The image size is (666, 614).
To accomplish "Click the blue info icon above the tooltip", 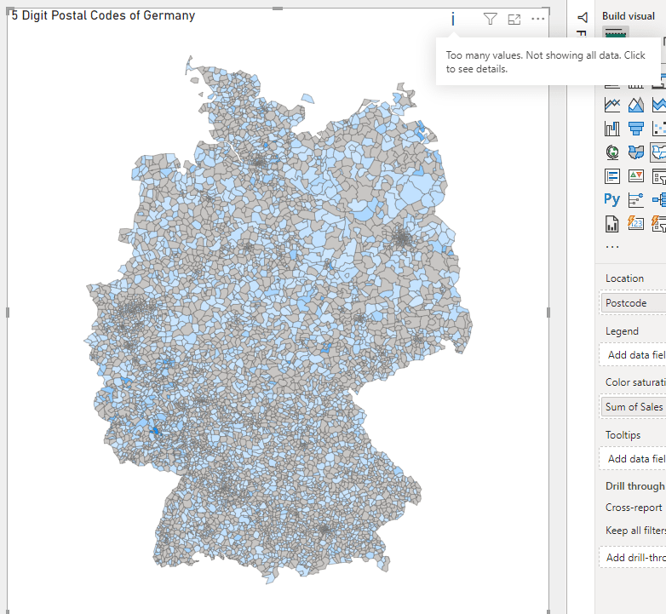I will [453, 19].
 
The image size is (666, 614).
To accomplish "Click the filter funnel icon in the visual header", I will [490, 19].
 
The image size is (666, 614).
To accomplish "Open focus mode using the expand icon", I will [514, 19].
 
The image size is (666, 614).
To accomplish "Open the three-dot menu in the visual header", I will [537, 19].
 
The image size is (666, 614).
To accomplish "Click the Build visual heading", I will [629, 16].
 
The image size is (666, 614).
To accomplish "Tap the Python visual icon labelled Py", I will [611, 199].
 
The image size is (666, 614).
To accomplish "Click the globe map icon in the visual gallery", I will [611, 152].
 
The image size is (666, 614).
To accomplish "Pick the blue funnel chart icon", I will [635, 129].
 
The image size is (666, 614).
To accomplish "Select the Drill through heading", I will [634, 486].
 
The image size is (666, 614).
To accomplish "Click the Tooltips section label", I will [623, 435].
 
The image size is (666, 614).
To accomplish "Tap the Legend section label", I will [622, 331].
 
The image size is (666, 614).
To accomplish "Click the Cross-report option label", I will [634, 508].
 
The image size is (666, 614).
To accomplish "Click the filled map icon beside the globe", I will [635, 152].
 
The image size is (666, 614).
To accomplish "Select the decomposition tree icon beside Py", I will [635, 199].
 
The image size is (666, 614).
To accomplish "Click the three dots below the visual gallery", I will [612, 246].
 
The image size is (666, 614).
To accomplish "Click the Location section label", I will [624, 278].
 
